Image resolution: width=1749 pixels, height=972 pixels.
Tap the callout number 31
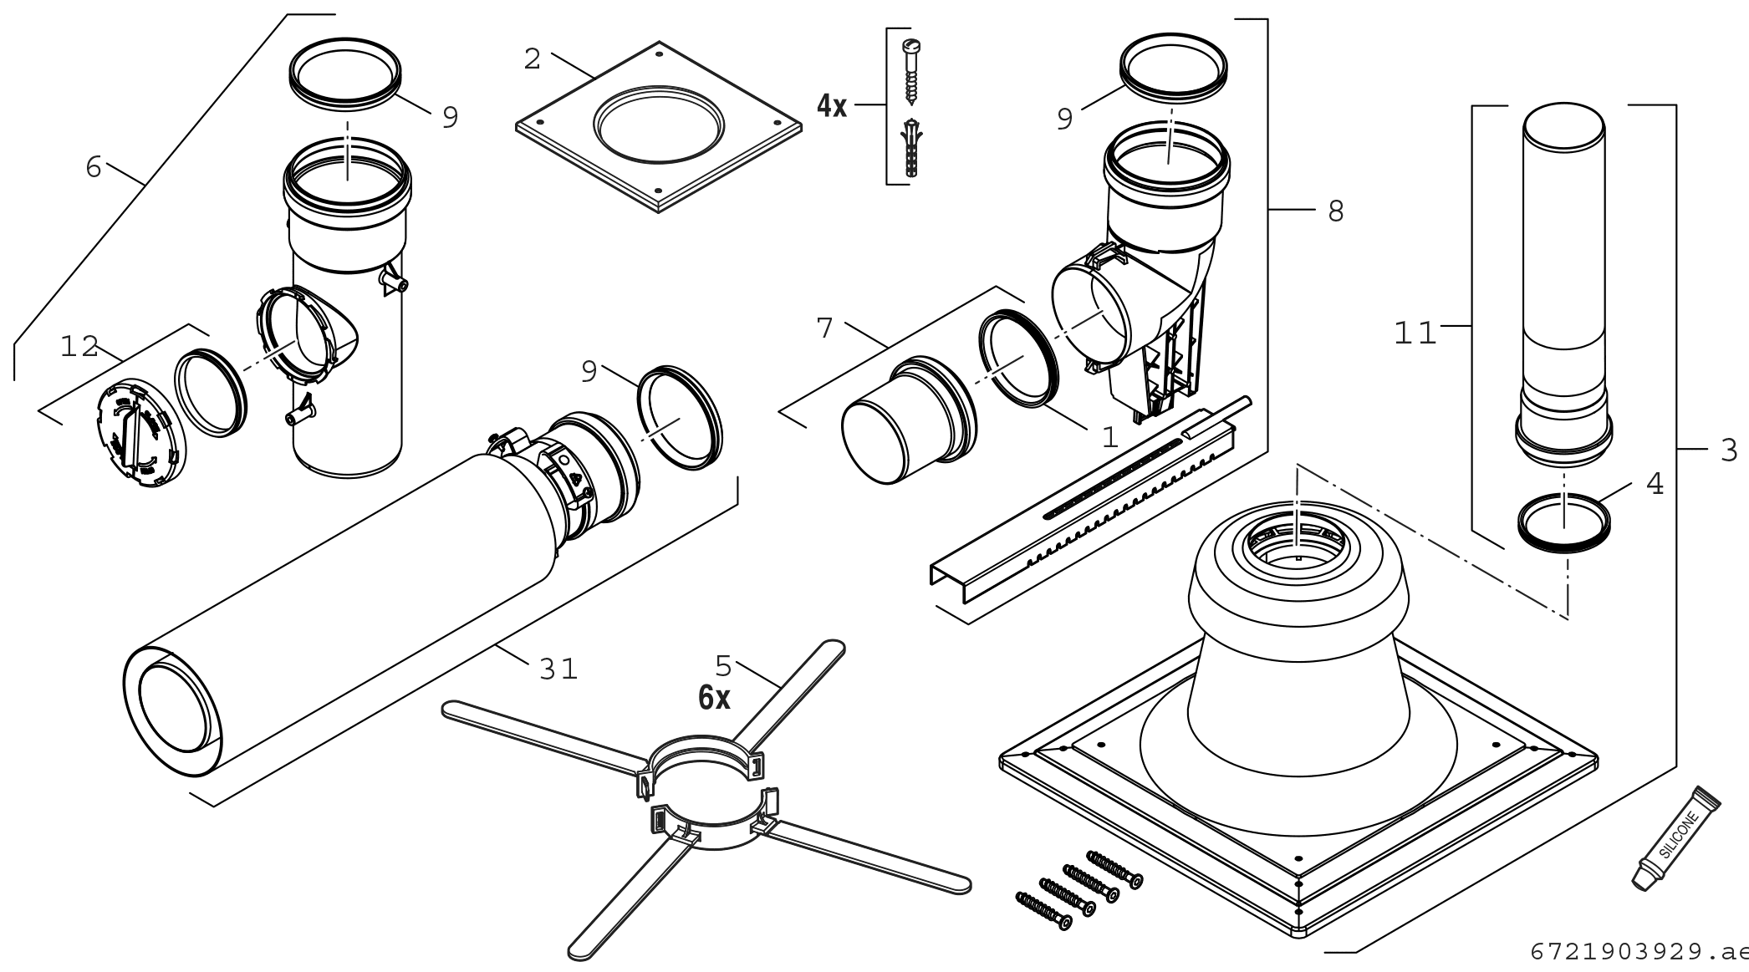click(558, 669)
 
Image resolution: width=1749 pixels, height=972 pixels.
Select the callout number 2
click(533, 59)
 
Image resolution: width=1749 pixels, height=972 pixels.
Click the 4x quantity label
click(832, 106)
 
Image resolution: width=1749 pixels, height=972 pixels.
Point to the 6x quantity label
click(714, 699)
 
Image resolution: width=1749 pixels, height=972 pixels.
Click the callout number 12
click(79, 347)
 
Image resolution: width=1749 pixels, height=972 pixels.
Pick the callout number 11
click(1415, 334)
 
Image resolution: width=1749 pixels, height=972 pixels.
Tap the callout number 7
click(825, 328)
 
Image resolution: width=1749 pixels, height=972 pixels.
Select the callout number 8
click(1336, 211)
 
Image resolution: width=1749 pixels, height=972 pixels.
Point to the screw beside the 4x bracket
click(910, 71)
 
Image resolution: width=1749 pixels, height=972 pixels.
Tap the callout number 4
click(1655, 484)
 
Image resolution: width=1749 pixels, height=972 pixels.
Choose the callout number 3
click(1729, 450)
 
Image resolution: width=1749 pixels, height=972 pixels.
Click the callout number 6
click(94, 167)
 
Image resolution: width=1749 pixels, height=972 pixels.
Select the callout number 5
click(723, 666)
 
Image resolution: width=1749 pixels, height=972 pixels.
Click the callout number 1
click(1109, 437)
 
